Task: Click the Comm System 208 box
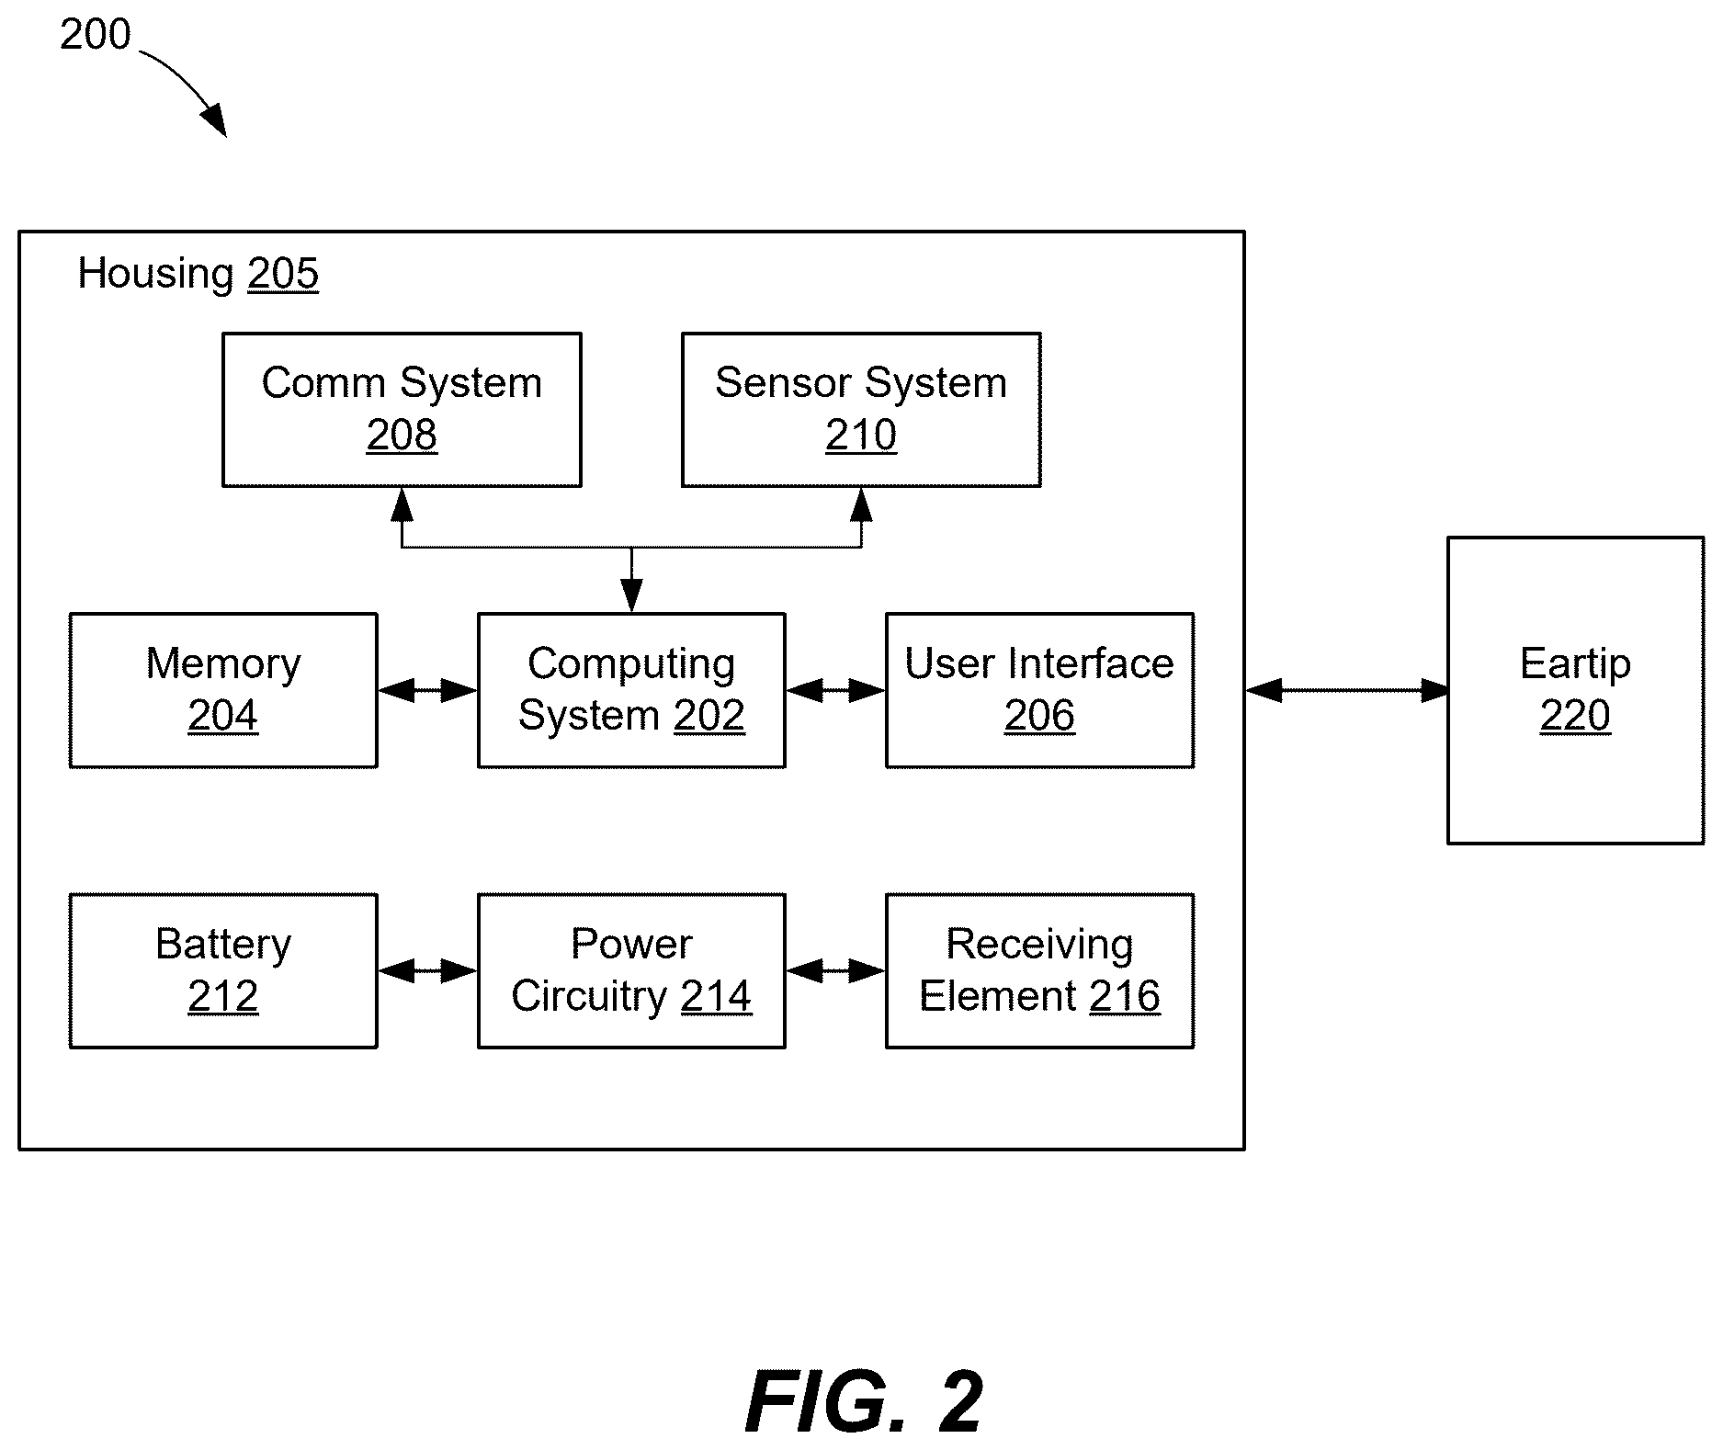[x=402, y=410]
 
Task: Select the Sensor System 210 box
[x=861, y=410]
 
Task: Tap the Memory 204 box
[x=223, y=690]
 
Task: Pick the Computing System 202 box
[x=631, y=690]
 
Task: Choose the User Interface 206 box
[x=1039, y=690]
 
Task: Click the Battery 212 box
[x=223, y=970]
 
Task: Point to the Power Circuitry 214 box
[x=631, y=970]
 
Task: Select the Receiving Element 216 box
[x=1039, y=970]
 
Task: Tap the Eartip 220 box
[x=1575, y=690]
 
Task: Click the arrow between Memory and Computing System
[x=428, y=690]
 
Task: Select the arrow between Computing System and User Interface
[x=836, y=690]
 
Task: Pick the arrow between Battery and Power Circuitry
[x=428, y=970]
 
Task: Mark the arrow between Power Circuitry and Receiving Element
[x=836, y=970]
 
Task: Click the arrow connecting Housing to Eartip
[x=1346, y=690]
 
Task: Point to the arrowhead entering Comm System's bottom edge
[x=402, y=504]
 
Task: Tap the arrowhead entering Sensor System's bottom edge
[x=861, y=504]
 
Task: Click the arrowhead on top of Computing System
[x=631, y=595]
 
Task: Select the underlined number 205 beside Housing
[x=283, y=274]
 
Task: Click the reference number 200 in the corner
[x=96, y=35]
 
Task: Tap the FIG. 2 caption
[x=864, y=1401]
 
